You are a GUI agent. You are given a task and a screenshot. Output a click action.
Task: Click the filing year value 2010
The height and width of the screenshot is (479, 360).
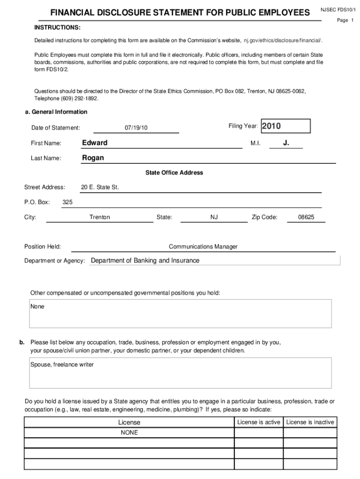[x=271, y=126]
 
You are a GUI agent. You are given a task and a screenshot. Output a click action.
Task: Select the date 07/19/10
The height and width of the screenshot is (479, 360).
[x=136, y=128]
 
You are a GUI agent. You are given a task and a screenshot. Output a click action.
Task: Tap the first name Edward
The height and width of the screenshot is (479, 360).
[x=95, y=143]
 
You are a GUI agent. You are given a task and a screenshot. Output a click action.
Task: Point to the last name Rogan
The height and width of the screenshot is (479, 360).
[x=93, y=158]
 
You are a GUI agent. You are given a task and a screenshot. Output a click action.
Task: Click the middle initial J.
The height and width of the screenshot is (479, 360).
[x=286, y=143]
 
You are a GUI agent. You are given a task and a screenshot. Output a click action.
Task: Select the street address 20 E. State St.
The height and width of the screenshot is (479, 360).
[x=100, y=187]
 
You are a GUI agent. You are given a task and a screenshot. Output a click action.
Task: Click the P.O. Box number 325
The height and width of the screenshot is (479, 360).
[x=67, y=202]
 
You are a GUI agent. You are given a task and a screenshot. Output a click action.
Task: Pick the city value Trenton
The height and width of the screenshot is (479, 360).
[x=100, y=217]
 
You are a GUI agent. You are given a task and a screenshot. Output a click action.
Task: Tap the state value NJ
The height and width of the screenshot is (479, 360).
[x=214, y=217]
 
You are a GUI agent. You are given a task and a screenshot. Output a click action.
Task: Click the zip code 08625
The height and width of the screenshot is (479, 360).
[x=306, y=217]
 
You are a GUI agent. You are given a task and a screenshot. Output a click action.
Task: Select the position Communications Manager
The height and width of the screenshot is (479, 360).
[x=203, y=247]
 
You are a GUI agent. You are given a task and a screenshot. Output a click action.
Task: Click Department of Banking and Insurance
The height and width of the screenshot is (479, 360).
[x=145, y=261]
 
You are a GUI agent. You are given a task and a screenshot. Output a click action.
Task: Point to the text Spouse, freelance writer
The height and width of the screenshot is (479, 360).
[x=62, y=364]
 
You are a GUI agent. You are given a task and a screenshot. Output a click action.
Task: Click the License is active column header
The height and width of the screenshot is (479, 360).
[x=259, y=422]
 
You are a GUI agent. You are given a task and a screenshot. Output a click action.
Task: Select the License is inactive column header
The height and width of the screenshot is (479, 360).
[x=310, y=422]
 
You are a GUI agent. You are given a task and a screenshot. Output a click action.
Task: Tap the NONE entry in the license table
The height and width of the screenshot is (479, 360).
[x=129, y=433]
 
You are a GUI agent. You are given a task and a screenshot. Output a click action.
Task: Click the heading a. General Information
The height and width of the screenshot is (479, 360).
[x=56, y=112]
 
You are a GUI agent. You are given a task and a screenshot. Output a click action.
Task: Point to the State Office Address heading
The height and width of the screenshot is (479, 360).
[x=174, y=173]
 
